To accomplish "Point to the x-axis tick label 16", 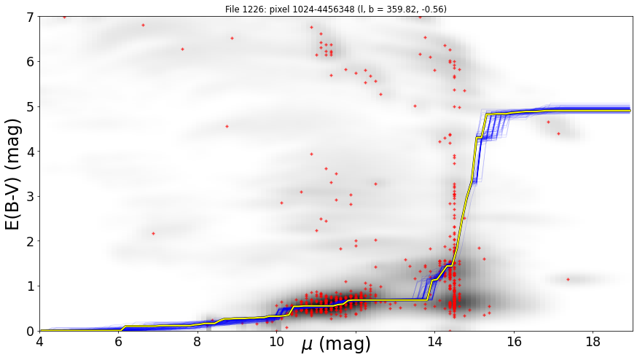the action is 514,341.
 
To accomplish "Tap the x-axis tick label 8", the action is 197,341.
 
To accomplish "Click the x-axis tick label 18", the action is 593,341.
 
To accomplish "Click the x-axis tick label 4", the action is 39,341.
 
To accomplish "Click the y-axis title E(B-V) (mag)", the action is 13,174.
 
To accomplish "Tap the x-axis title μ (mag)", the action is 335,344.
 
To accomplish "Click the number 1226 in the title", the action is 250,9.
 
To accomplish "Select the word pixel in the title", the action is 278,9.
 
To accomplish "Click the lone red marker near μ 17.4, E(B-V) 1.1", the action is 568,279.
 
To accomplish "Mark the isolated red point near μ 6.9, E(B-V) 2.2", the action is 153,233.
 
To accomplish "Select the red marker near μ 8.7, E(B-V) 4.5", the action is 227,126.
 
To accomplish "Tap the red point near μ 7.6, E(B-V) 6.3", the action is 182,49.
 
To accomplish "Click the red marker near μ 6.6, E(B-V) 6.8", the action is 143,26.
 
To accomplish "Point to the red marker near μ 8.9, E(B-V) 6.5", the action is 232,38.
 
